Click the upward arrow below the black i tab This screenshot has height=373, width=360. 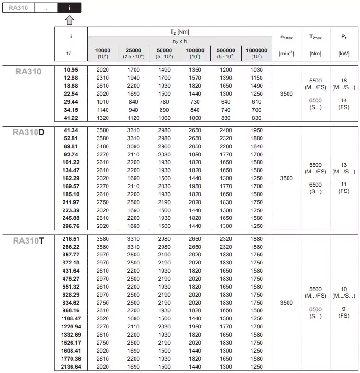pos(70,19)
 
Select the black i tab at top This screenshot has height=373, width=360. pos(70,8)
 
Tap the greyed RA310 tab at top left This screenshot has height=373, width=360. pos(18,8)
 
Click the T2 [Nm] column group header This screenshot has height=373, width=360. pos(180,32)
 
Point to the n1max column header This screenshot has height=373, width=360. pos(287,36)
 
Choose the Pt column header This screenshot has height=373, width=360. pos(344,36)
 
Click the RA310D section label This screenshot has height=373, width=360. pos(28,132)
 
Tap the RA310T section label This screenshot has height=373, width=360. pos(28,241)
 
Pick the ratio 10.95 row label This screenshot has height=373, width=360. pos(71,70)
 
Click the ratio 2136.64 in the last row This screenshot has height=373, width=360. pos(71,367)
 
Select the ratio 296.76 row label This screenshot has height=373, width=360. pos(71,226)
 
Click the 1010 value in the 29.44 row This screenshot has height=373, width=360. pos(103,102)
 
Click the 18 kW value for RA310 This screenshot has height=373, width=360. pos(344,81)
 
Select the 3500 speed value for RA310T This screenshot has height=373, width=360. pos(287,302)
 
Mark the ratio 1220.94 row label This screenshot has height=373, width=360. pos(71,327)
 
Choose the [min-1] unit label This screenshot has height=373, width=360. pos(287,54)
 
